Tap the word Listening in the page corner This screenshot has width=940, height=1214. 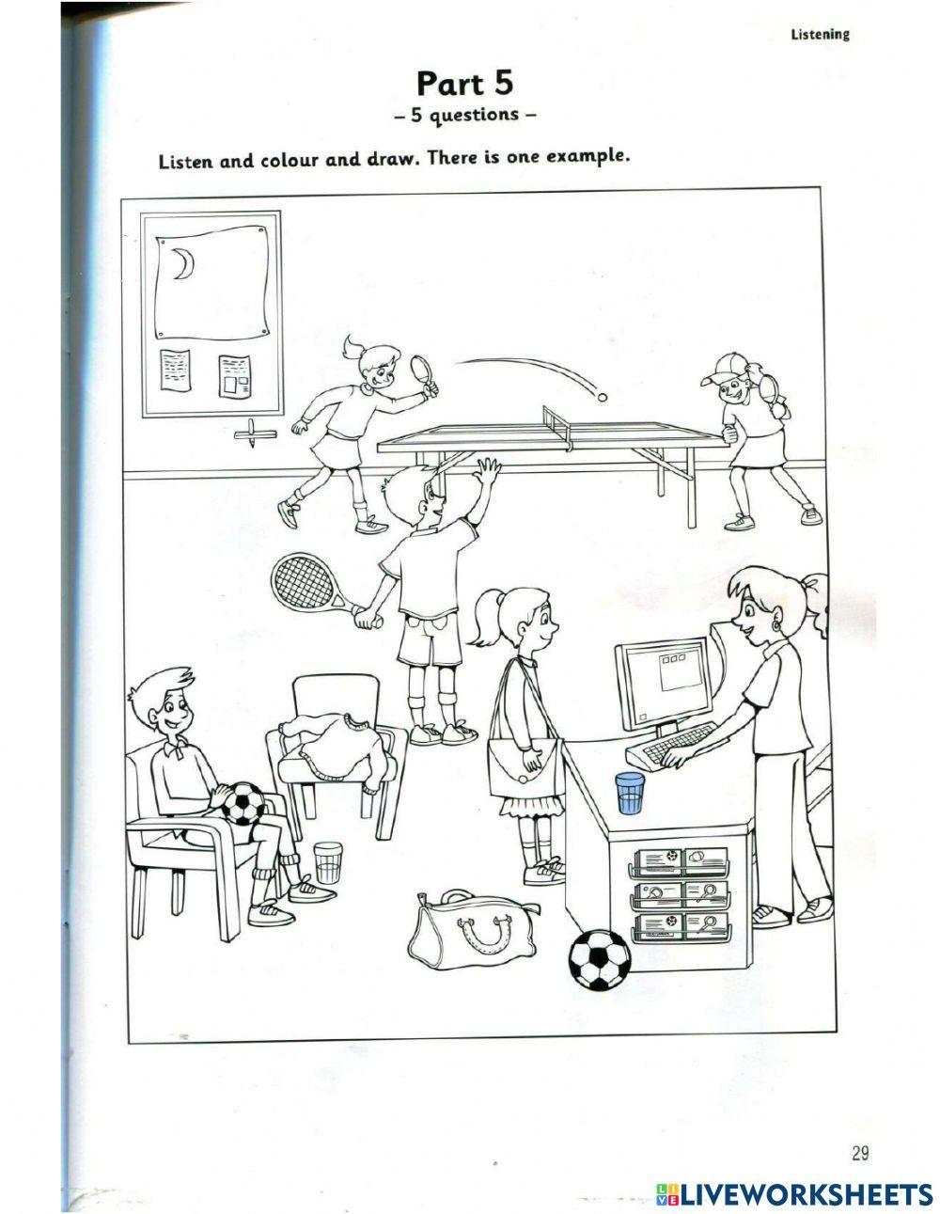(x=820, y=34)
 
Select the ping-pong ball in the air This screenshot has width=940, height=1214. (x=602, y=398)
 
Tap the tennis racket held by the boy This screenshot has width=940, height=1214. (x=305, y=581)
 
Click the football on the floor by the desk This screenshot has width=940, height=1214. (x=599, y=959)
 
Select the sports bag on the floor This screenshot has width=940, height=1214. (x=475, y=930)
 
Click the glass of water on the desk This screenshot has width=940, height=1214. (x=628, y=792)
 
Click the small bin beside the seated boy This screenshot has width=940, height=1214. (x=326, y=861)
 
